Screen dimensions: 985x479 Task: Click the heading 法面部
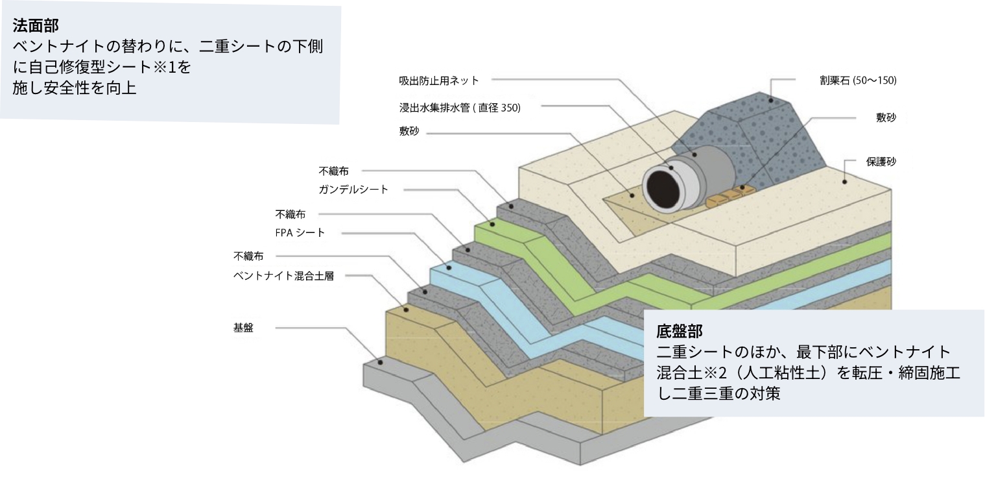[35, 25]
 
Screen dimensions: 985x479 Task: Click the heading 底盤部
[680, 330]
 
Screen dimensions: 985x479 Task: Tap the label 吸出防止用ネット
[438, 80]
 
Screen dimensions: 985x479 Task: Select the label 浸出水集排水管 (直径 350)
[460, 108]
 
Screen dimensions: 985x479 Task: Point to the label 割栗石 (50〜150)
[858, 80]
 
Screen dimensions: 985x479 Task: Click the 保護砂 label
[881, 162]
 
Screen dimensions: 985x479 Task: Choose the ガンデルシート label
[353, 190]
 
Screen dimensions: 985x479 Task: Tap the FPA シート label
[300, 232]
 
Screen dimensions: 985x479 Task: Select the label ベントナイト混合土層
[283, 276]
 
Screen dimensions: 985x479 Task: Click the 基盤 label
[243, 328]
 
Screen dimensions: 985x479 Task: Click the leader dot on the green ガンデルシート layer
[493, 225]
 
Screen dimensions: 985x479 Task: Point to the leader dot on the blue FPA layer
[449, 267]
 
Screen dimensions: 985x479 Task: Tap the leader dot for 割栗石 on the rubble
[771, 101]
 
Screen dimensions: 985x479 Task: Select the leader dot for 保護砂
[844, 182]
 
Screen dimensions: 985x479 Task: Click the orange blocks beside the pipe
[731, 195]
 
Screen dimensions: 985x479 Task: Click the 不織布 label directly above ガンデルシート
[333, 171]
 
